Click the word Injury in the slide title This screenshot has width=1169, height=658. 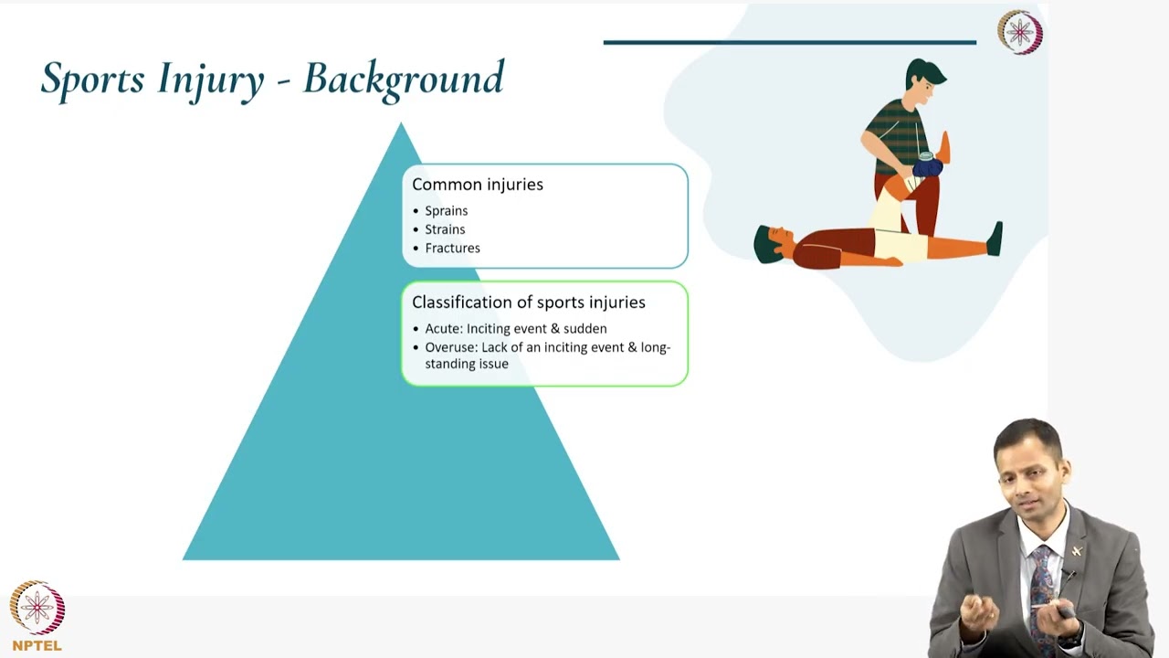[210, 79]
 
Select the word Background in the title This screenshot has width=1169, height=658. [403, 79]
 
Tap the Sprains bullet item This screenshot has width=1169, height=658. [446, 210]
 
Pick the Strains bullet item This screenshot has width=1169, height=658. [445, 229]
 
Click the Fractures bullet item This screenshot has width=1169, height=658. [452, 248]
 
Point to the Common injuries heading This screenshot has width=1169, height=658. [477, 185]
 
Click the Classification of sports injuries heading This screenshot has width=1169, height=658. [528, 302]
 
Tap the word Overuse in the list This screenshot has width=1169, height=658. [450, 347]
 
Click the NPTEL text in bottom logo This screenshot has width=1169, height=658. [37, 645]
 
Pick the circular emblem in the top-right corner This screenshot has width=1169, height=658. [1019, 33]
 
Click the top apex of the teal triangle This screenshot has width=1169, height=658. [401, 126]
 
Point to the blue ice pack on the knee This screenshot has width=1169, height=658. [927, 167]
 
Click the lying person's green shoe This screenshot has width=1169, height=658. [995, 239]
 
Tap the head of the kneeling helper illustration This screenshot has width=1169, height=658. [924, 82]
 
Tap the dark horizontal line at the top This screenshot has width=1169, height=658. [789, 42]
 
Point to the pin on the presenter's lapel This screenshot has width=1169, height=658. [1076, 551]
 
